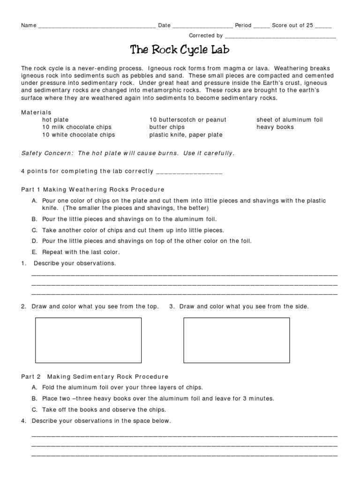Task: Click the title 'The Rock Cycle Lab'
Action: (180, 50)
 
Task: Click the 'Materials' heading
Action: (36, 112)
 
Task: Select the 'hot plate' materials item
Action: (55, 120)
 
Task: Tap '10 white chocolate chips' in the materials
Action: (78, 135)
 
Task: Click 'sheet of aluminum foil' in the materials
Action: (290, 120)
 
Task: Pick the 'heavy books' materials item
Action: (275, 127)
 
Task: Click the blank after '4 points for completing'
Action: (188, 172)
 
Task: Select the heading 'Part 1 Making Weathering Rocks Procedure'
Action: (93, 190)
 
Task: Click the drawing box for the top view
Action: (89, 340)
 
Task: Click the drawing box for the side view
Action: (236, 340)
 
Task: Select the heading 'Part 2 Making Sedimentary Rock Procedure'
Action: (95, 377)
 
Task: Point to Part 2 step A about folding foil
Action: (117, 388)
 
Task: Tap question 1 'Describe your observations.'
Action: (74, 263)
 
